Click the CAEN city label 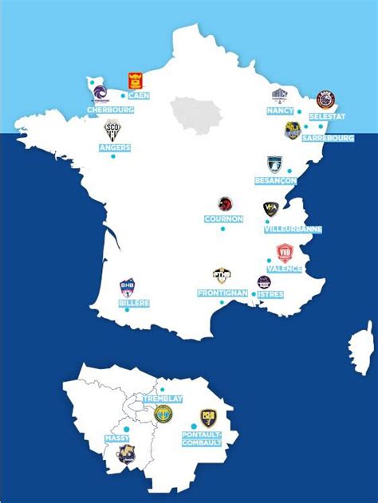coord(139,96)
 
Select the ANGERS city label coord(114,147)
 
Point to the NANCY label coord(280,111)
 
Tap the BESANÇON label coord(275,181)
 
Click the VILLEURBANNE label coord(293,229)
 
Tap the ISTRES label coord(270,294)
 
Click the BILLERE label coord(134,303)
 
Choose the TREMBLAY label coord(163,398)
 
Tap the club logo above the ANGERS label coord(112,129)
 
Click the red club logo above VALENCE coord(285,253)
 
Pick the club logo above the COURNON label coord(226,205)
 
